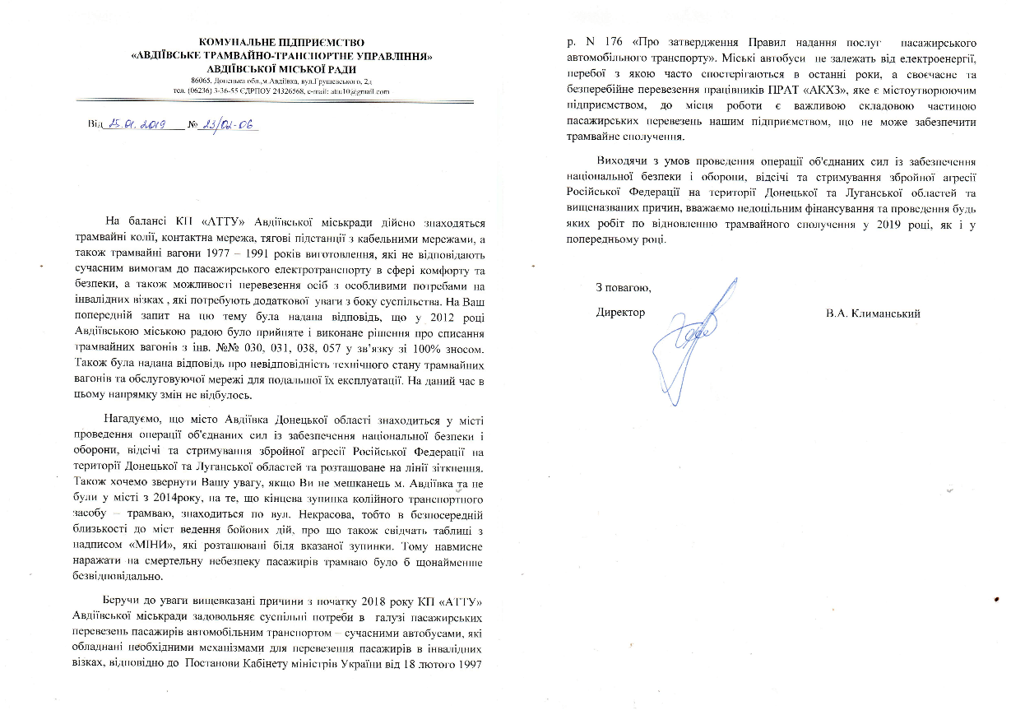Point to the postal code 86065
click(201, 81)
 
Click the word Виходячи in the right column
click(623, 161)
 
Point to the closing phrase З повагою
click(623, 287)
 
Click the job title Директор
click(620, 313)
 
